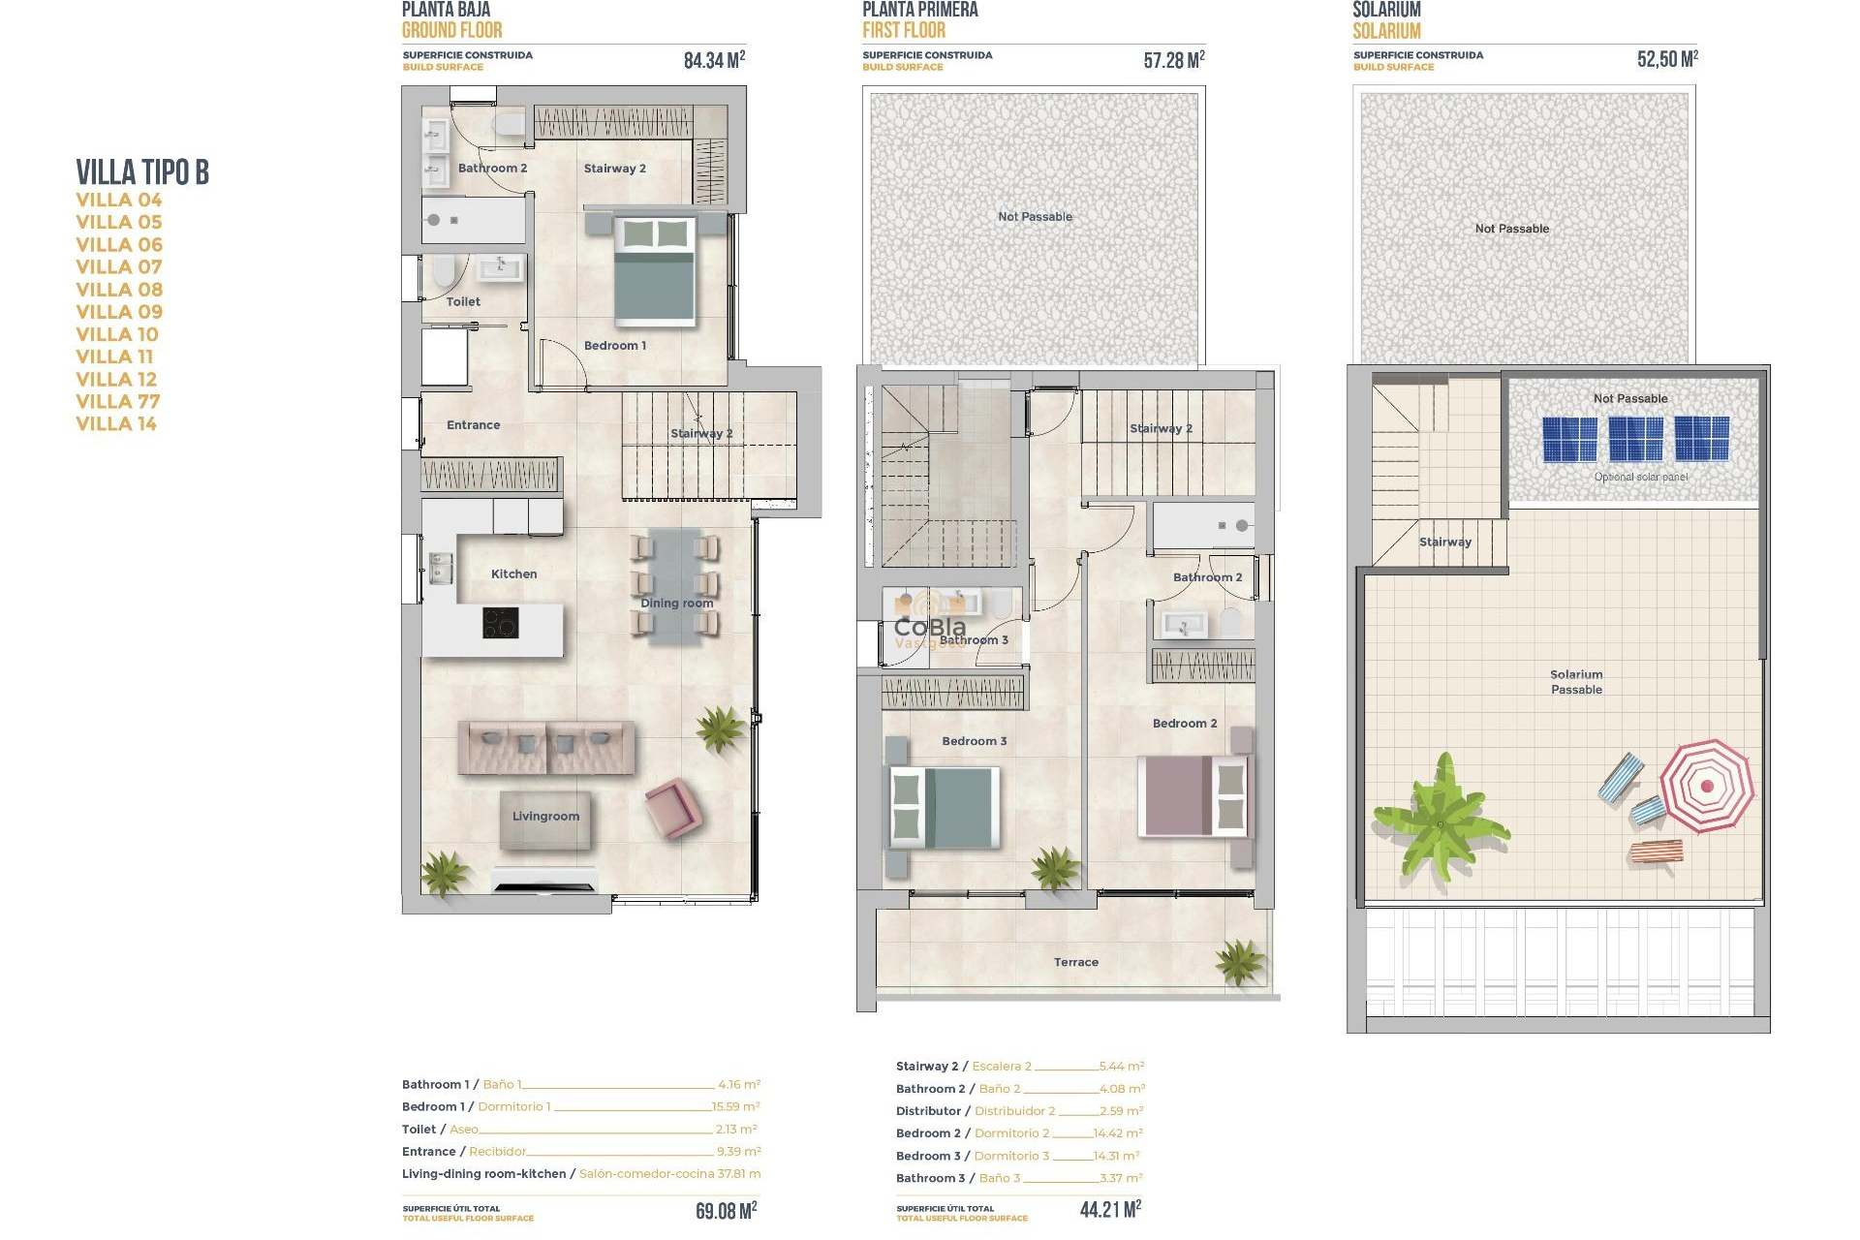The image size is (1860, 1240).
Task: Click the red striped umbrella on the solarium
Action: pyautogui.click(x=1706, y=786)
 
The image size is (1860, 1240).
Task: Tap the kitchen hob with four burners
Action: pyautogui.click(x=500, y=622)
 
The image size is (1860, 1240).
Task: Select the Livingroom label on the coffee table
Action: pyautogui.click(x=545, y=817)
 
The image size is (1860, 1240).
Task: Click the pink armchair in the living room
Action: pyautogui.click(x=671, y=807)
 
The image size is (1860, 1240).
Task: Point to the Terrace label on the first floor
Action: pyautogui.click(x=1075, y=962)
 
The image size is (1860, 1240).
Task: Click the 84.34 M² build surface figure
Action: pyautogui.click(x=714, y=60)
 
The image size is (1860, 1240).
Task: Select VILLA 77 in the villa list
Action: pyautogui.click(x=118, y=401)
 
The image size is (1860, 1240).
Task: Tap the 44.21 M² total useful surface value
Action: pyautogui.click(x=1110, y=1209)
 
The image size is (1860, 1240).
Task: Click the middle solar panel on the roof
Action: pyautogui.click(x=1635, y=439)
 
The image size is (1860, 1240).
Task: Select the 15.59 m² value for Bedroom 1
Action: pyautogui.click(x=735, y=1106)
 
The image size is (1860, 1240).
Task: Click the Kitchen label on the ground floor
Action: pyautogui.click(x=513, y=574)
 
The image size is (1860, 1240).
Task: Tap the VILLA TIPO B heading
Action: pyautogui.click(x=142, y=172)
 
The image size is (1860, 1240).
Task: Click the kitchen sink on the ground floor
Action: pyautogui.click(x=441, y=568)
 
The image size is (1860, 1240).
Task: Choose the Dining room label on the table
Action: pyautogui.click(x=676, y=604)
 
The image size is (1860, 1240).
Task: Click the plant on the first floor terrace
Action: pyautogui.click(x=1240, y=961)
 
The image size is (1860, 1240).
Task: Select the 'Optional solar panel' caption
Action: pyautogui.click(x=1640, y=477)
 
